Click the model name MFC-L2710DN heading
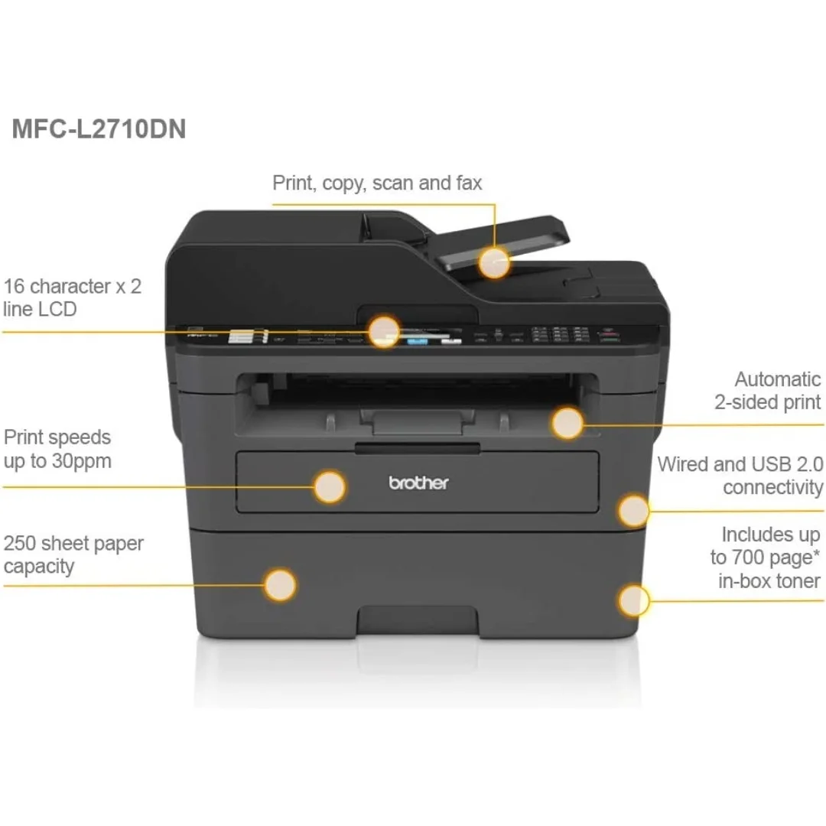[99, 128]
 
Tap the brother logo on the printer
[418, 483]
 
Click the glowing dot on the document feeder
[495, 262]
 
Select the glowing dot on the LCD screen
[383, 331]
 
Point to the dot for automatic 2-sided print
[567, 423]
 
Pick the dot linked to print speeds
[330, 486]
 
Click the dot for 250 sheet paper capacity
[280, 585]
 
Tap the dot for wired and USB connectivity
[633, 510]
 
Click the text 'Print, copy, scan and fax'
[377, 184]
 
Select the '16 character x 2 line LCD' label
[72, 298]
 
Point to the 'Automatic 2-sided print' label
[767, 390]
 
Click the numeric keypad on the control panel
[560, 335]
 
